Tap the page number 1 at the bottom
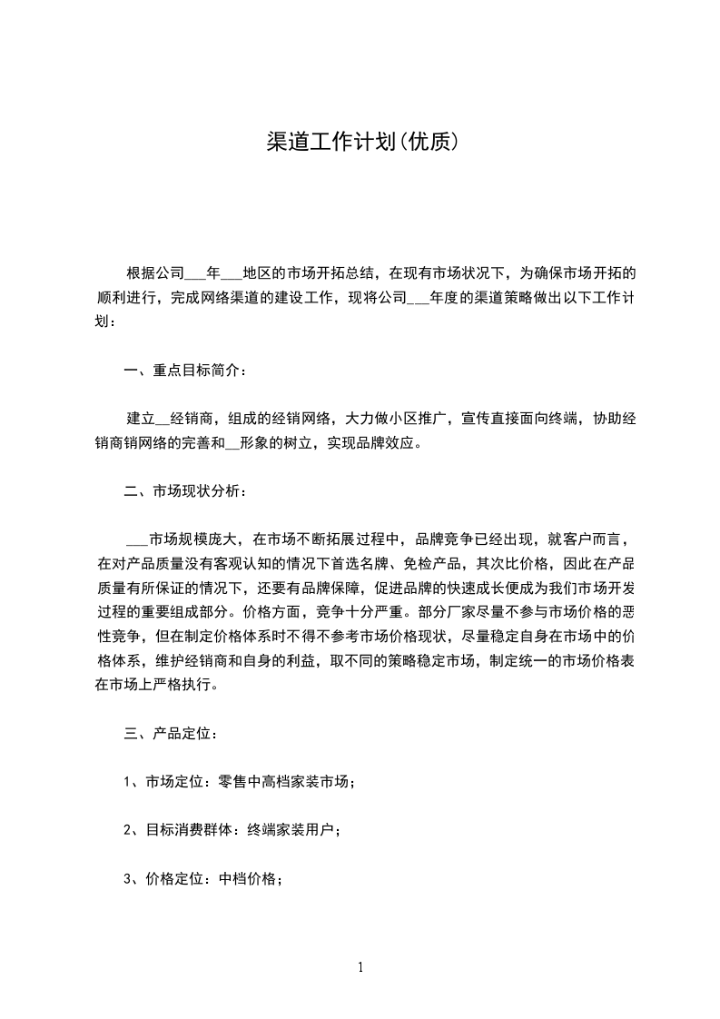pos(360,967)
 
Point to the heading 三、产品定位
pos(169,732)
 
